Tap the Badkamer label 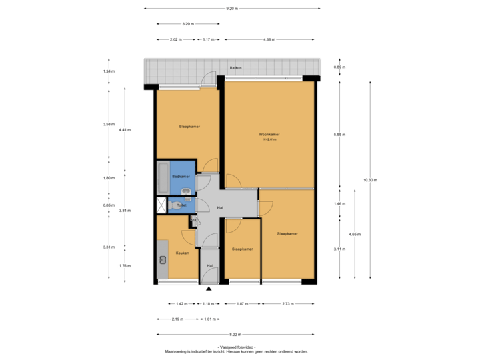[x=181, y=176]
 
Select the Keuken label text [x=182, y=253]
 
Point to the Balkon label [x=235, y=68]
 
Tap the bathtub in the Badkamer [x=163, y=177]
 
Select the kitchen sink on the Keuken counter [x=162, y=261]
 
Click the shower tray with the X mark [x=163, y=205]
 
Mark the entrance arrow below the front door [x=209, y=289]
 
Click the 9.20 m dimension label [x=231, y=9]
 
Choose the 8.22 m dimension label [x=235, y=334]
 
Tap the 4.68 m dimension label [x=269, y=39]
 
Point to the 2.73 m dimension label [x=288, y=304]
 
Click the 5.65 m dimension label [x=338, y=135]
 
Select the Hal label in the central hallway [x=219, y=207]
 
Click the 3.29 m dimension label [x=189, y=24]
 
